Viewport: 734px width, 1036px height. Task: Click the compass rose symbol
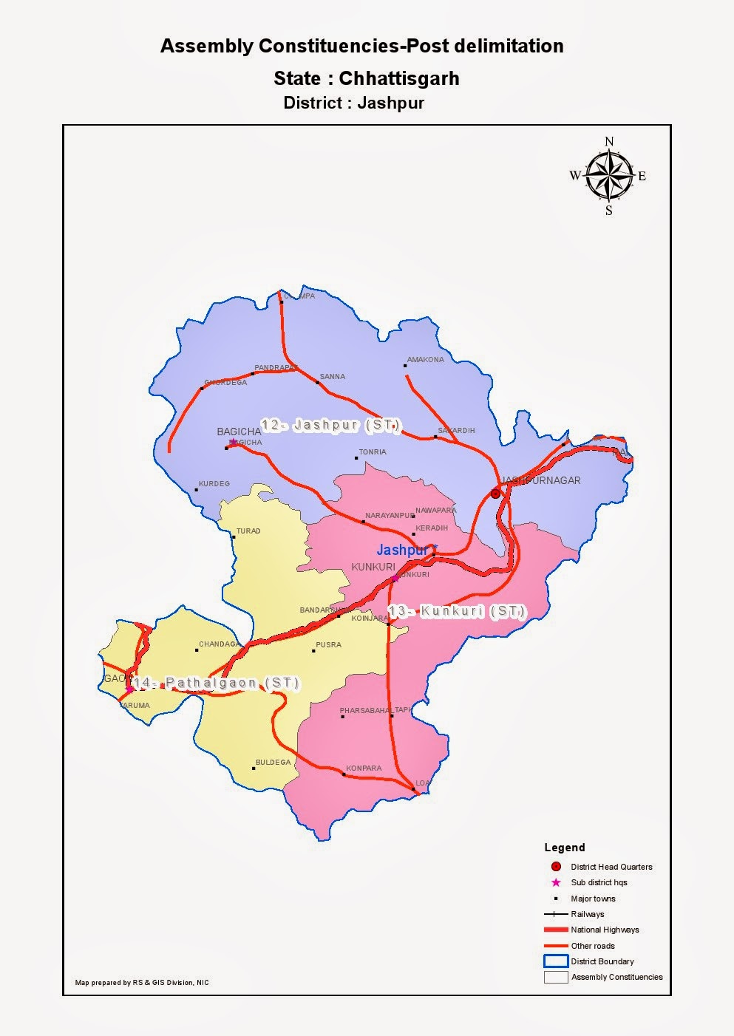click(609, 176)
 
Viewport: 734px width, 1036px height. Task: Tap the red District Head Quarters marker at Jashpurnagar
click(495, 494)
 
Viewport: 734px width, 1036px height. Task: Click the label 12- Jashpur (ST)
click(330, 426)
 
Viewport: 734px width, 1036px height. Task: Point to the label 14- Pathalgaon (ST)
click(216, 683)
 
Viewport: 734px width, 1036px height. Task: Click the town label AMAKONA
click(426, 360)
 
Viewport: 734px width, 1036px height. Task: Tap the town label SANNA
click(333, 377)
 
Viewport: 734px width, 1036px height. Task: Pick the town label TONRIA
click(373, 452)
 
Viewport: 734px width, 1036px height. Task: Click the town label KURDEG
click(214, 484)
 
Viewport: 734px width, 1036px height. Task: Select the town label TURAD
click(248, 531)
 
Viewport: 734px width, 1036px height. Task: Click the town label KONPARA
click(364, 769)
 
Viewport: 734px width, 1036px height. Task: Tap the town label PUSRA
click(328, 645)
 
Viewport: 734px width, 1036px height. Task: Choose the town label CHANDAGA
click(220, 644)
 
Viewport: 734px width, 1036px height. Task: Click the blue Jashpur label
click(402, 551)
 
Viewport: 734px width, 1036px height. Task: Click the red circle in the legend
click(556, 867)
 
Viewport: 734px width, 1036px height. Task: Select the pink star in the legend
click(556, 882)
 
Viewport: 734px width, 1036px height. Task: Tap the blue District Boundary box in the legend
click(555, 961)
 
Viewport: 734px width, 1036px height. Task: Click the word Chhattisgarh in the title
click(399, 78)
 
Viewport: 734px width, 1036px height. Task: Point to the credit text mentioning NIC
click(142, 983)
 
